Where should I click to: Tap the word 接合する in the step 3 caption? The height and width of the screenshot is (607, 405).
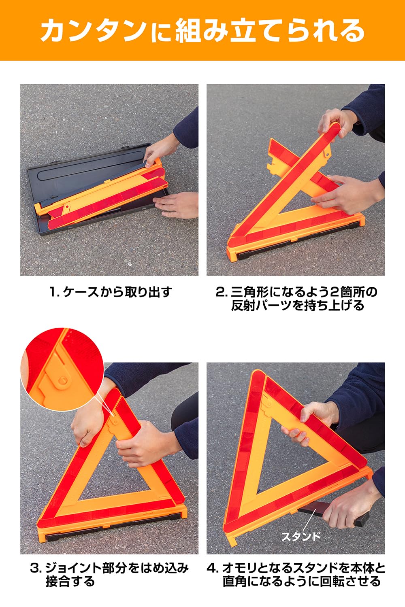point(70,582)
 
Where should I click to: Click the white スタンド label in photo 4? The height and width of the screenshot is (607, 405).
point(301,537)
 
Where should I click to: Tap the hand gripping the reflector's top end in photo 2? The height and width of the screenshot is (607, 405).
point(336,121)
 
